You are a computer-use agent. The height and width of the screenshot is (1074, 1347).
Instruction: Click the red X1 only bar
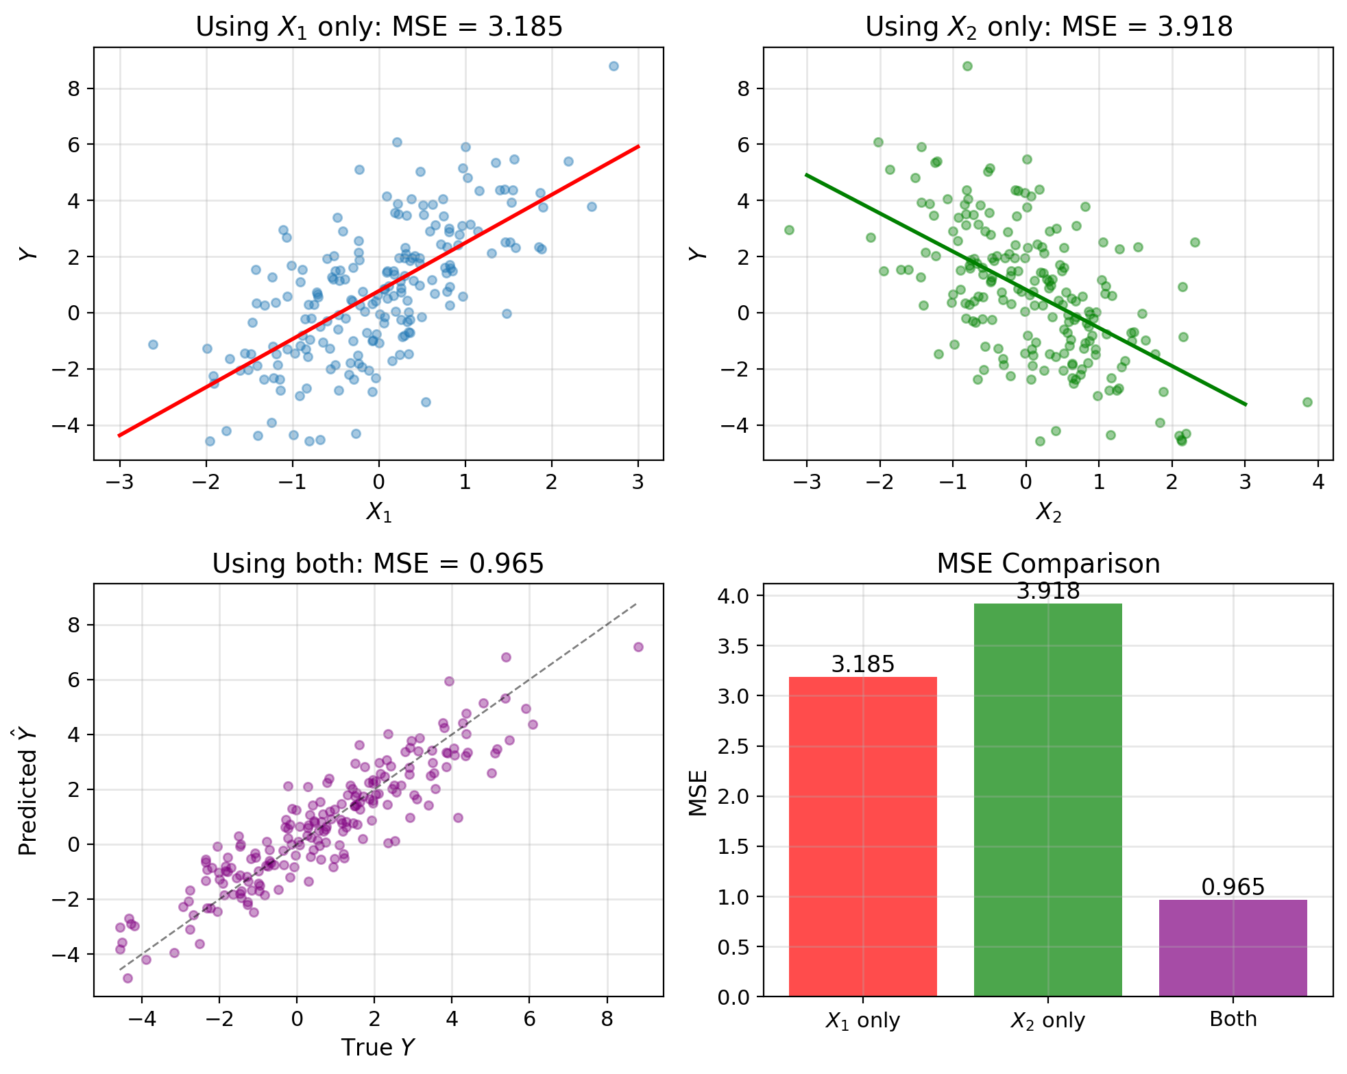(862, 837)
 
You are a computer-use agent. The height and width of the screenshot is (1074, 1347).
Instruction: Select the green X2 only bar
(1047, 800)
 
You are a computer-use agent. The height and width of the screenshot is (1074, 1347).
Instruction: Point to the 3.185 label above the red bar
(862, 664)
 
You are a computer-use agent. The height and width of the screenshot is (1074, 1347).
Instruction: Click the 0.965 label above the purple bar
(1233, 887)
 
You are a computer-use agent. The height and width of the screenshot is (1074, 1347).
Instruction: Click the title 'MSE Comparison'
(1048, 564)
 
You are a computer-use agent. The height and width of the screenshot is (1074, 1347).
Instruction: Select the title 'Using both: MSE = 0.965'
(378, 564)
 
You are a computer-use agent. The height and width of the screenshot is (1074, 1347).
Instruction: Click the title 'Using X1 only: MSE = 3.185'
(378, 27)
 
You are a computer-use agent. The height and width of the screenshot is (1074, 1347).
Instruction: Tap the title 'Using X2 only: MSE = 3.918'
(1048, 27)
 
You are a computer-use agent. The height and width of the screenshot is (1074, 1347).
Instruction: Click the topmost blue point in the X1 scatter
(614, 66)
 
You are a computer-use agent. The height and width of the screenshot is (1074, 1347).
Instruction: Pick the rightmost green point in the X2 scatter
(1307, 402)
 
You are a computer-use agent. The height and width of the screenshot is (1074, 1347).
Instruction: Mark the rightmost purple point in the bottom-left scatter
(638, 647)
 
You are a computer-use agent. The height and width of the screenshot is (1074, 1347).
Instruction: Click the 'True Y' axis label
(378, 1047)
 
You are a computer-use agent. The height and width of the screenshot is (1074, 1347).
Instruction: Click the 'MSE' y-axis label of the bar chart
(698, 793)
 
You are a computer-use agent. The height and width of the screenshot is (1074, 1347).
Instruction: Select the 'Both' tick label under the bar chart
(1233, 1019)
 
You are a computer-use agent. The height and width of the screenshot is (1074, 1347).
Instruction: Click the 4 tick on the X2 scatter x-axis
(1318, 482)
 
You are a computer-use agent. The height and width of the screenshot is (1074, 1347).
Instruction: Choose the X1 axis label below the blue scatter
(378, 512)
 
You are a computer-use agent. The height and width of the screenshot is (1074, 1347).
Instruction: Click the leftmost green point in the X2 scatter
(789, 230)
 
